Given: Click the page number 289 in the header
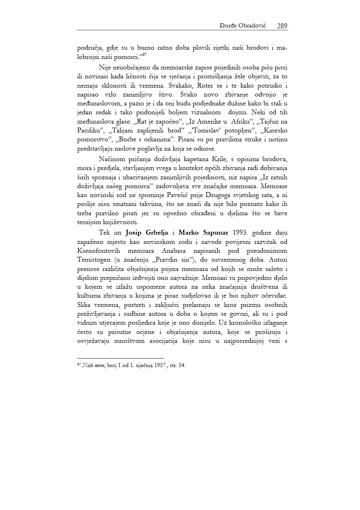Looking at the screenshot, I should (x=282, y=26).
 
